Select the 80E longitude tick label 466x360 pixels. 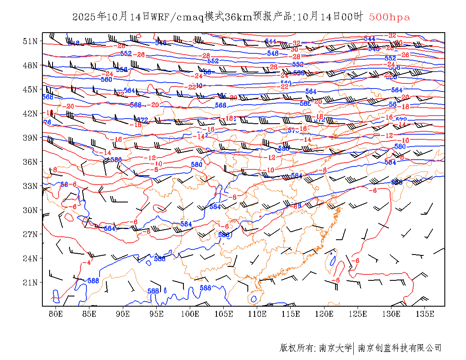point(56,314)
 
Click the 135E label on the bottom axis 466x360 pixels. point(425,314)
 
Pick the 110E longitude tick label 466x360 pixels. point(257,314)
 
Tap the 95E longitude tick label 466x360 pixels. point(157,314)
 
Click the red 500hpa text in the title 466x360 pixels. point(389,17)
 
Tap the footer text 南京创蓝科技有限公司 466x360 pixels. point(399,348)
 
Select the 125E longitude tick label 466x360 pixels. point(358,314)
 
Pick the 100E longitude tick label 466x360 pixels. point(190,314)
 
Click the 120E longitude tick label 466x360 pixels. point(325,314)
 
